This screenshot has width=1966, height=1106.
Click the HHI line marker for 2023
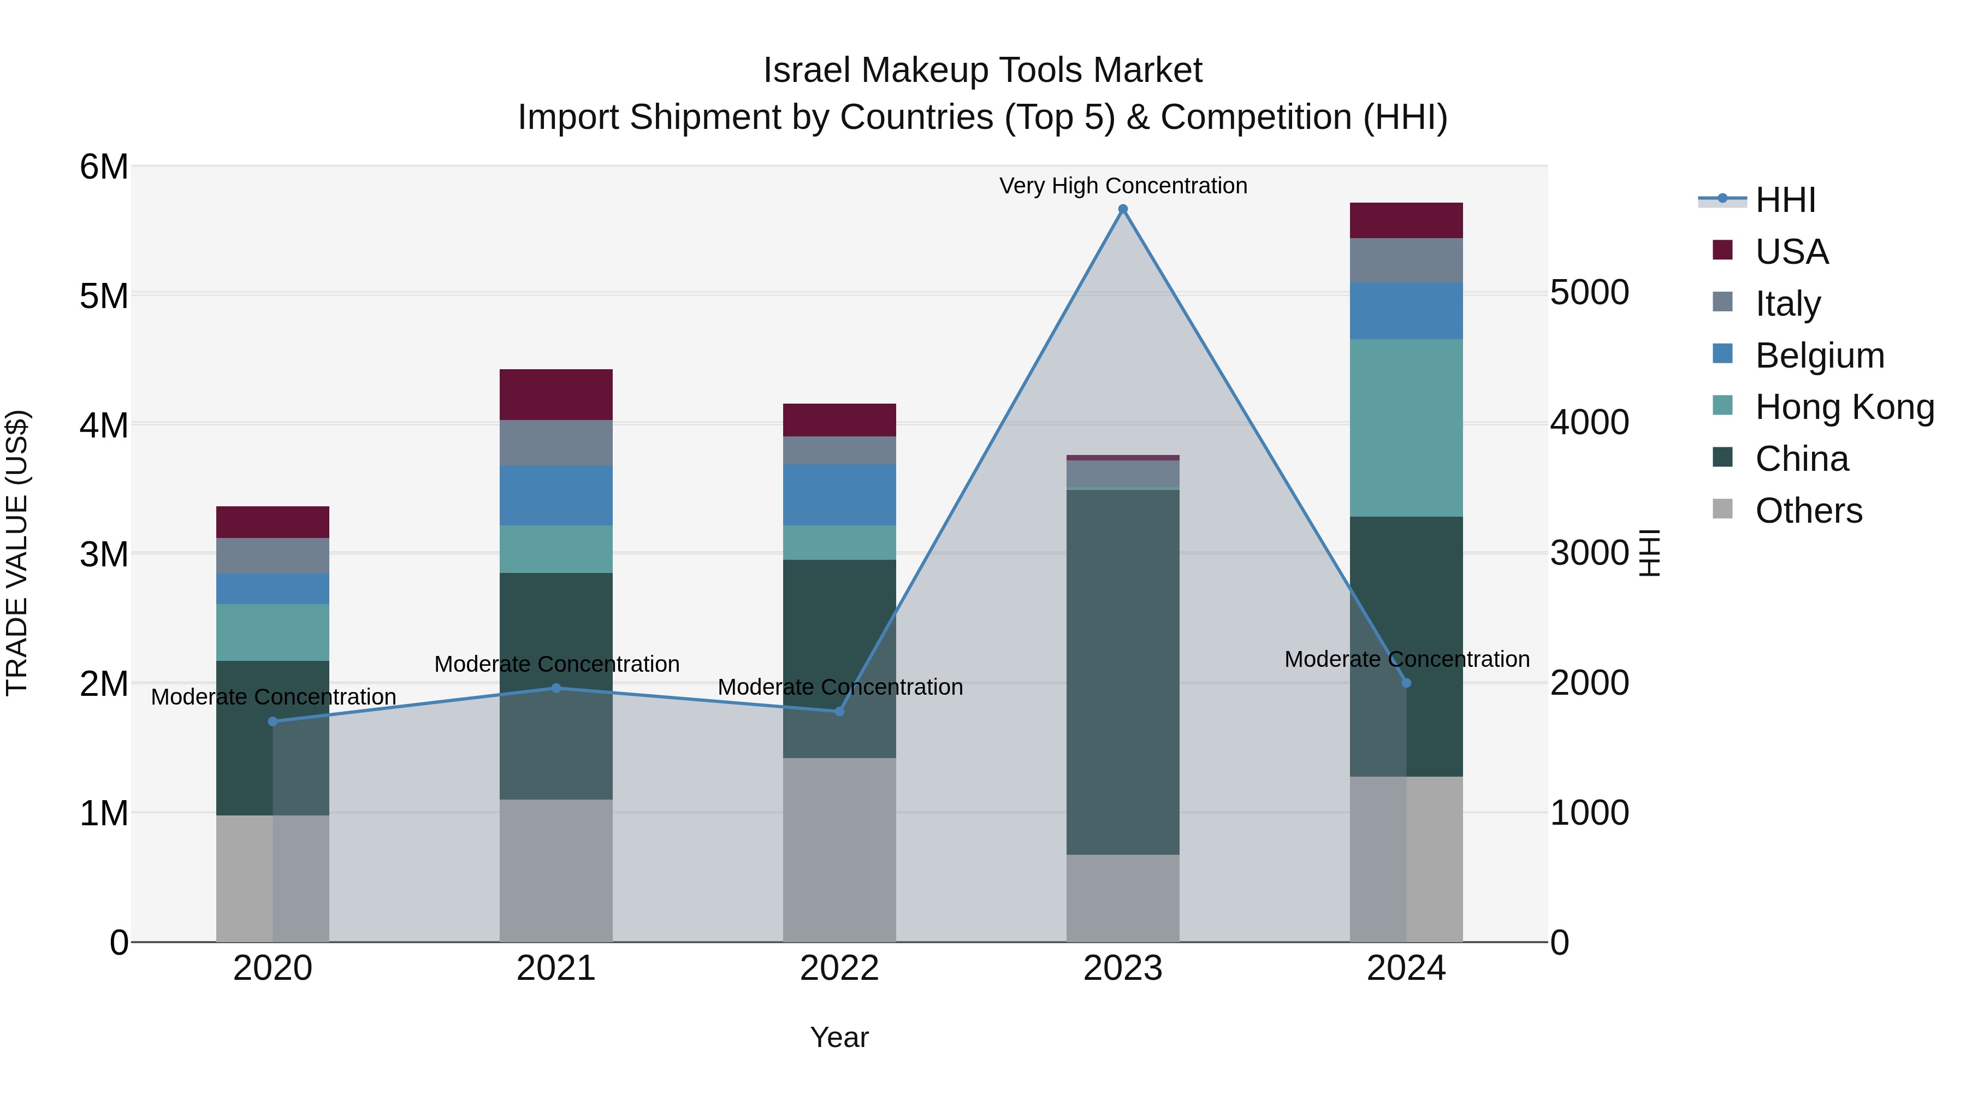tap(1123, 209)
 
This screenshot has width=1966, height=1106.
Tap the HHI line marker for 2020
tap(273, 721)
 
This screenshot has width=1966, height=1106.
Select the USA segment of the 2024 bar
tap(1406, 221)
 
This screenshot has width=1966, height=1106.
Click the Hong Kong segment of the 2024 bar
tap(1406, 428)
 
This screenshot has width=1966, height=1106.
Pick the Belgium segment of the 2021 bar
tap(555, 495)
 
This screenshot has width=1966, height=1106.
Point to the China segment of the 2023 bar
tap(1123, 672)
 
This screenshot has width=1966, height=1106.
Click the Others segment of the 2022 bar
tap(839, 849)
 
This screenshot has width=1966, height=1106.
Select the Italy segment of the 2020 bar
tap(273, 555)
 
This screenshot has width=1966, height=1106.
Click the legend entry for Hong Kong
tap(1843, 407)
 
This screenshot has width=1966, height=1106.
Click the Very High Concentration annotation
tap(1123, 186)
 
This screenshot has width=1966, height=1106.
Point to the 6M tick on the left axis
tap(104, 167)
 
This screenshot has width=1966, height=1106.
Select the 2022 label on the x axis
tap(839, 968)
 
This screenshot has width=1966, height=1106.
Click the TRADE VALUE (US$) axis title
tap(17, 553)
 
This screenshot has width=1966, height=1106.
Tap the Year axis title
tap(839, 1037)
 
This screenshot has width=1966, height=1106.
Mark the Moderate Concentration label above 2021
tap(556, 664)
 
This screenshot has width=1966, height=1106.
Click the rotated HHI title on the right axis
tap(1649, 553)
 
